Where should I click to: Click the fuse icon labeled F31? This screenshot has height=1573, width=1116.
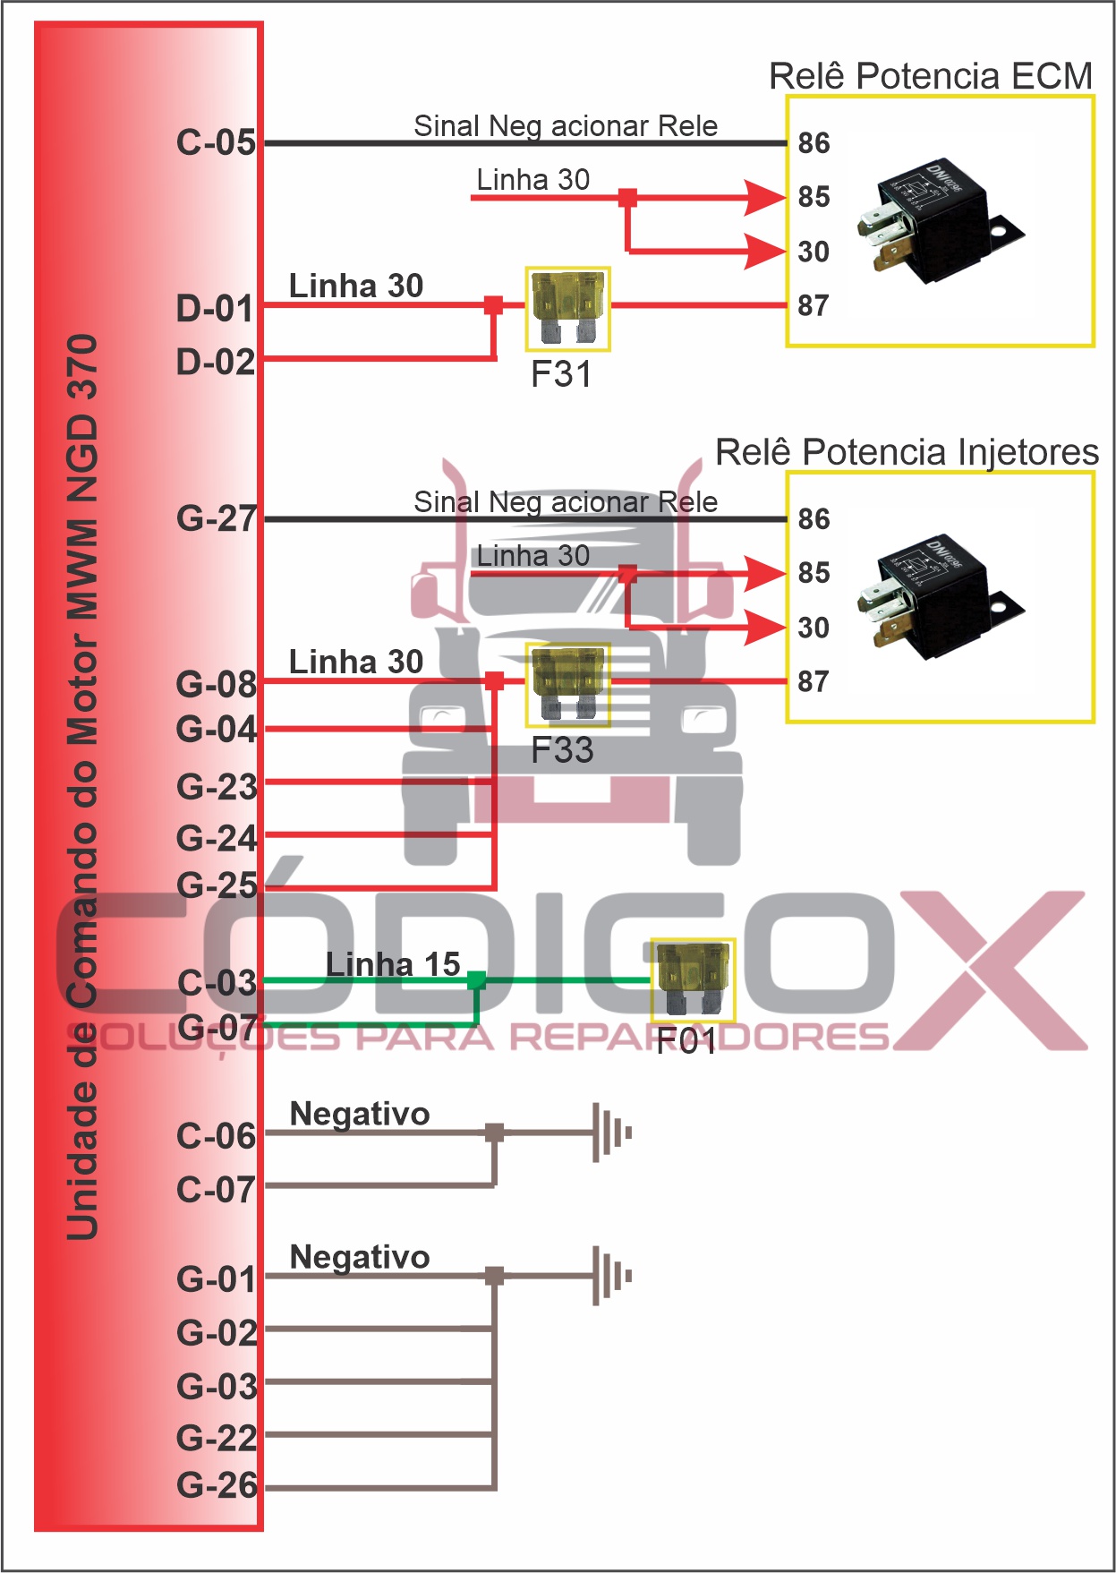pos(567,308)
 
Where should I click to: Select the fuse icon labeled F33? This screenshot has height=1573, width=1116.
pos(567,685)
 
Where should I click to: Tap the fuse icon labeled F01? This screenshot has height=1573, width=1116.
pos(693,979)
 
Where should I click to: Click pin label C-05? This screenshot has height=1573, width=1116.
pos(216,142)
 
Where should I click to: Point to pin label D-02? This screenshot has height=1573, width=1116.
pos(216,362)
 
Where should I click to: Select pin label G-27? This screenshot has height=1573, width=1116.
pos(216,518)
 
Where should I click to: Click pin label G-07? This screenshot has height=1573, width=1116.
pos(216,1026)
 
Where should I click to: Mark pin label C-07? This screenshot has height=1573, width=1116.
pos(216,1190)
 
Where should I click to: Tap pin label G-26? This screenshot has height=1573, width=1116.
pos(216,1485)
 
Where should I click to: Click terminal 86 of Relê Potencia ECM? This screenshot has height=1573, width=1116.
pos(814,143)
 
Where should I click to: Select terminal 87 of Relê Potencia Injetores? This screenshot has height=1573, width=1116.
pos(813,681)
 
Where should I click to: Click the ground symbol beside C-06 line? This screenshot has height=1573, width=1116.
pos(611,1133)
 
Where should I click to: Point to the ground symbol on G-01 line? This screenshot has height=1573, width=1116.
pos(611,1276)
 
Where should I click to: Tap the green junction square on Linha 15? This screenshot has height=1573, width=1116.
pos(476,980)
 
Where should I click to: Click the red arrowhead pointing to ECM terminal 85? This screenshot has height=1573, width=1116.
pos(765,197)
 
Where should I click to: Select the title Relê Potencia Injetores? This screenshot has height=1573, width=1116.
pos(907,452)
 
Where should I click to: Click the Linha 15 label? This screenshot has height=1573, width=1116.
pos(393,964)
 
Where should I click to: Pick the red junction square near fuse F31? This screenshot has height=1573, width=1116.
pos(493,305)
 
